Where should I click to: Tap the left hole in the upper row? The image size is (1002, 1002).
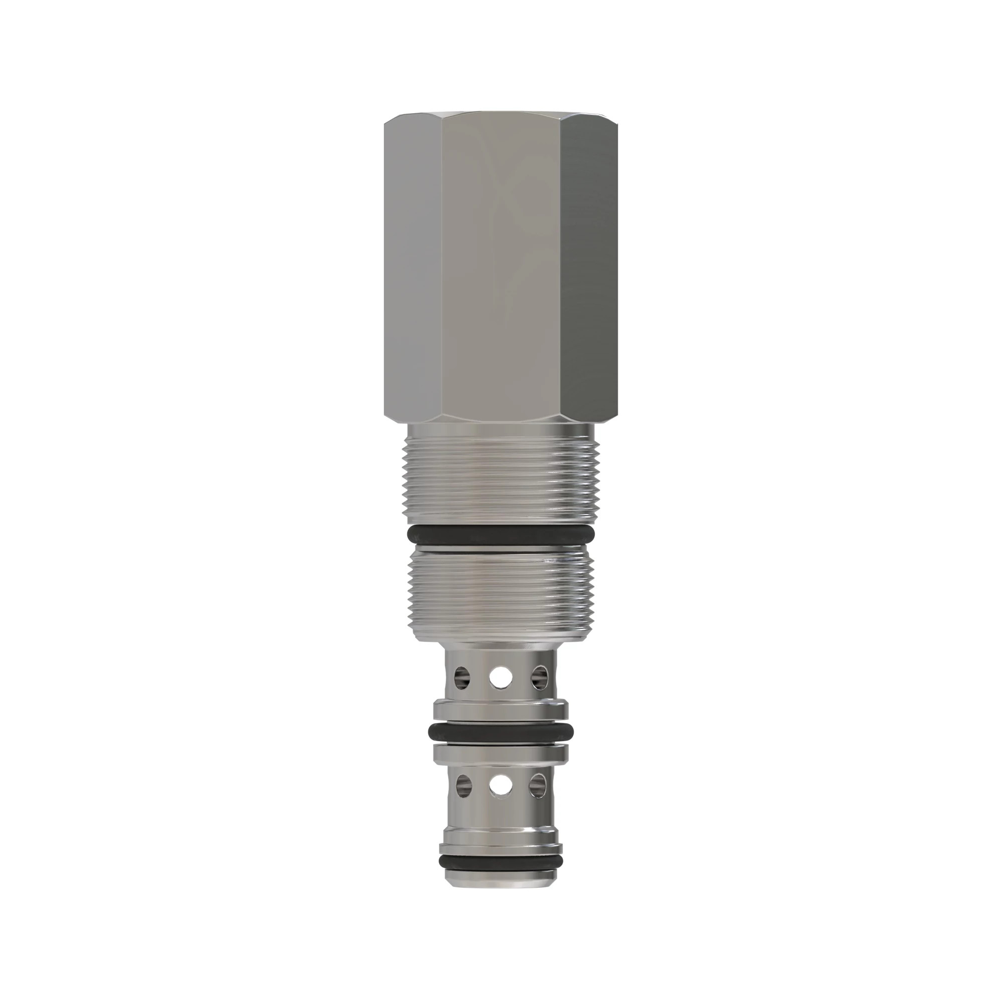point(461,676)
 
